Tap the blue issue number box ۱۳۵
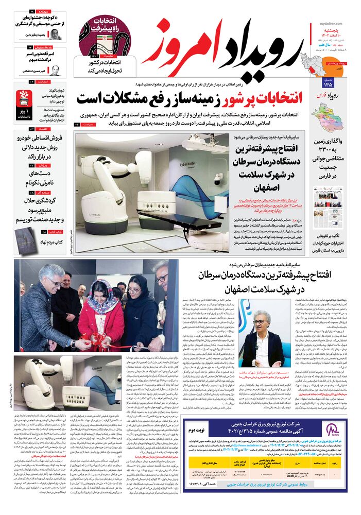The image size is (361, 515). pyautogui.click(x=328, y=82)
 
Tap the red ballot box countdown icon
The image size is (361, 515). pyautogui.click(x=25, y=98)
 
